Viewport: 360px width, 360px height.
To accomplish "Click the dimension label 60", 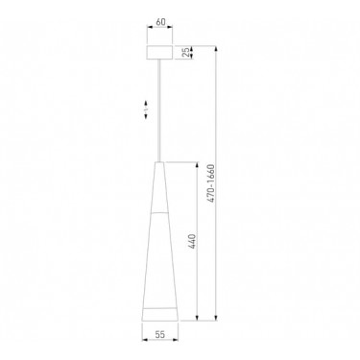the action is (160, 22).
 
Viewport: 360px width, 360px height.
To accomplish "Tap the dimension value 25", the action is (186, 53).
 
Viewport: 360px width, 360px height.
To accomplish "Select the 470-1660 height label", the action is (211, 183).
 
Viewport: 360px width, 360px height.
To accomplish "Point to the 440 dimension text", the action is (192, 242).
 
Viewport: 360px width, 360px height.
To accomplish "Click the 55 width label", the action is (160, 334).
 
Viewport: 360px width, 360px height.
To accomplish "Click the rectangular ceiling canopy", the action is (159, 53).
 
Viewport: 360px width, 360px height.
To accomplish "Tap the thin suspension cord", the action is (159, 110).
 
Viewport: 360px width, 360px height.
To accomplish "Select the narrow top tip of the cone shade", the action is (159, 163).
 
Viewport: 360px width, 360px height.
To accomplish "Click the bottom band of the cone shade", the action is (159, 315).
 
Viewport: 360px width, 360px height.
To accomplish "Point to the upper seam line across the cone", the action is (159, 212).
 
